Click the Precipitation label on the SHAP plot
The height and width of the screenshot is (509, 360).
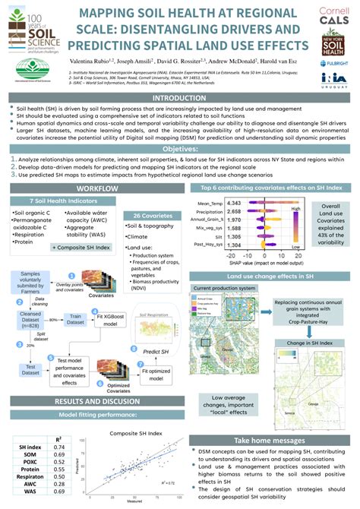pyautogui.click(x=210, y=214)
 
